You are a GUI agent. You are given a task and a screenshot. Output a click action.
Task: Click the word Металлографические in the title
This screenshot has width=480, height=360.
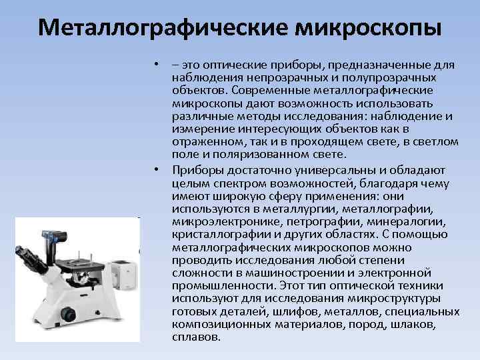(x=163, y=28)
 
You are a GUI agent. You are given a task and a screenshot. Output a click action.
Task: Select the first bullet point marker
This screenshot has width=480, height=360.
(x=157, y=64)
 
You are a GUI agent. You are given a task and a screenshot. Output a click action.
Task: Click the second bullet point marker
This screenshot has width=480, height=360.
(x=157, y=169)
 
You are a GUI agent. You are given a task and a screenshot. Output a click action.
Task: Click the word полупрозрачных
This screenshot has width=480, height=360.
(x=389, y=79)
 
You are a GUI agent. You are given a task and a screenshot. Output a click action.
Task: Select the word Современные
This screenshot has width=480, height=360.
(x=271, y=91)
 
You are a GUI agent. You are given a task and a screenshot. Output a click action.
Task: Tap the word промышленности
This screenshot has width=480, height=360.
(x=224, y=286)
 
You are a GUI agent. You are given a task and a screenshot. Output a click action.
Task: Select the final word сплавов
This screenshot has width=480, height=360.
(x=196, y=337)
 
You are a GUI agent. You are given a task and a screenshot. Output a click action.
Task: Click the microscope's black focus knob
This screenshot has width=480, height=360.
(x=68, y=314)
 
